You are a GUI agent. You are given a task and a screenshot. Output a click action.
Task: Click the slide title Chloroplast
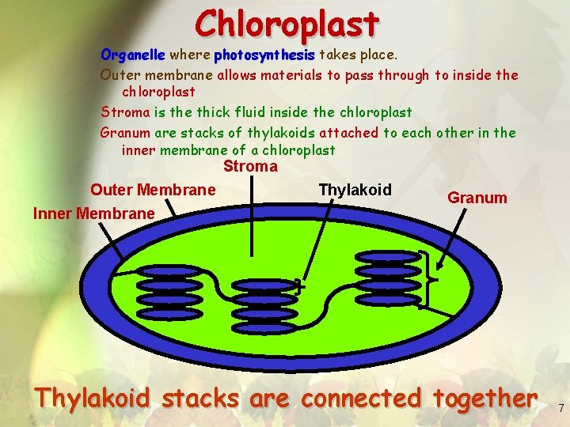287,24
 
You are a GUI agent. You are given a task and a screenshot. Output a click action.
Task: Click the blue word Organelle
132,55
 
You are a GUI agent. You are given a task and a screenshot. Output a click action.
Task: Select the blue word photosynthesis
264,55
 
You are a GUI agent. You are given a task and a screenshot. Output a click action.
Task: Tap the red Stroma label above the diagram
250,166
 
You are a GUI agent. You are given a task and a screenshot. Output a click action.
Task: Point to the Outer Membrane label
153,190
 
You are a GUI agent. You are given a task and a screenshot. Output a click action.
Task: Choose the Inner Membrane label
93,213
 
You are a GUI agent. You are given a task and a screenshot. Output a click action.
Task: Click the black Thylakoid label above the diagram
355,190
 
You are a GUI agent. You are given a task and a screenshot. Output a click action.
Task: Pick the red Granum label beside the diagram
477,198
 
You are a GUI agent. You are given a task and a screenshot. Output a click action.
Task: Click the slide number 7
560,409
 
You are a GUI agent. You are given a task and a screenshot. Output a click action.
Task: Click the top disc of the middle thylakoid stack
264,280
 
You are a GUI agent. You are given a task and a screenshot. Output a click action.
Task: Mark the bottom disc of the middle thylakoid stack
264,325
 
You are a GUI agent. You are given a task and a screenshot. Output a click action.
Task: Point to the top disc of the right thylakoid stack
387,256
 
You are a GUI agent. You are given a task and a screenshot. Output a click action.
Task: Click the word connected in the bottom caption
361,398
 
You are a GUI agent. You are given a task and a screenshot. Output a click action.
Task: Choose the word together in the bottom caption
482,398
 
